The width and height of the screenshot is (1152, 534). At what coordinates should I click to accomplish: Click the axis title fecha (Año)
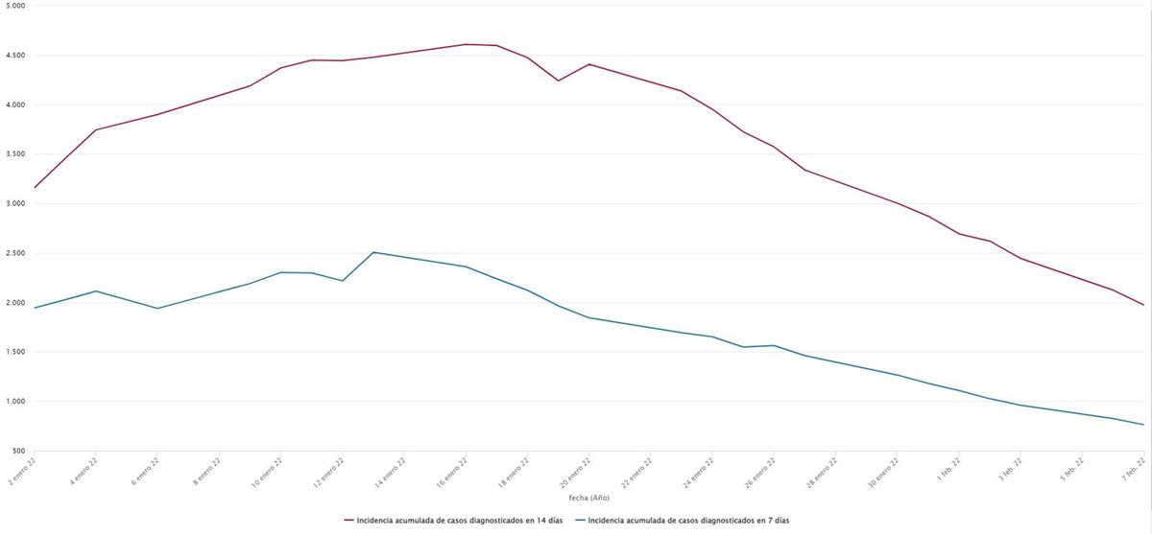click(588, 498)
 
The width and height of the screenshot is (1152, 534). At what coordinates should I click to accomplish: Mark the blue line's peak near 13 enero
click(373, 252)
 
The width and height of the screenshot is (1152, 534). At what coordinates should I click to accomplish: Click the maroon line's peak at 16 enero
click(466, 44)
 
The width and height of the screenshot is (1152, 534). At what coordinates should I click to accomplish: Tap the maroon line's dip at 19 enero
click(558, 81)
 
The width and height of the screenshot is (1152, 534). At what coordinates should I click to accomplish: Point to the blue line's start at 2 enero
click(35, 308)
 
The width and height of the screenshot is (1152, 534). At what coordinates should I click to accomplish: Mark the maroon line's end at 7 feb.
click(1143, 305)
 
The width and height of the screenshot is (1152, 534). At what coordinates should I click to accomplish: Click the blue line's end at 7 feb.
click(1143, 425)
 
